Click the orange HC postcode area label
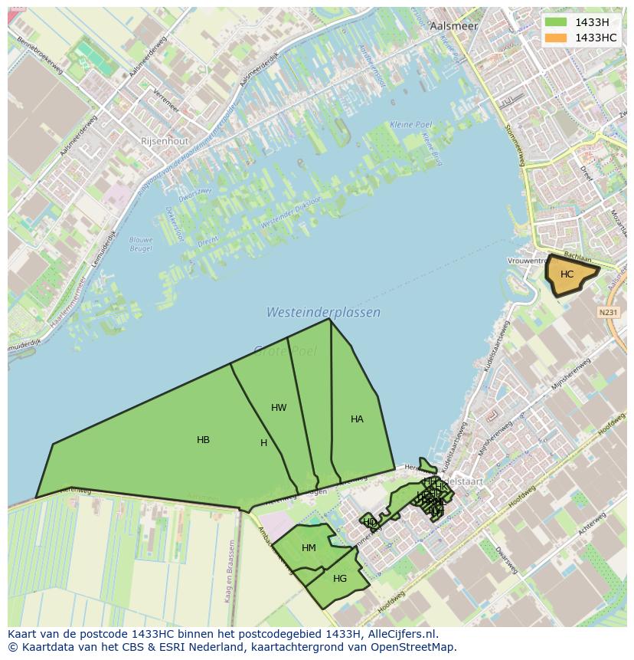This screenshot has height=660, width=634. (x=567, y=274)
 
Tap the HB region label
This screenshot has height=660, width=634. (x=203, y=440)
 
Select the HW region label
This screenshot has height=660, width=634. (x=279, y=408)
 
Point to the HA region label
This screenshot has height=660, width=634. (x=357, y=419)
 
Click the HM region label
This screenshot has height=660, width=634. (x=309, y=548)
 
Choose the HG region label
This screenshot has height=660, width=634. (x=340, y=579)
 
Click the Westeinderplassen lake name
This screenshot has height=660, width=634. (x=323, y=313)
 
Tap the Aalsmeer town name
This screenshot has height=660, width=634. (x=454, y=25)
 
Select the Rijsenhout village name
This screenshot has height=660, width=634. (x=164, y=141)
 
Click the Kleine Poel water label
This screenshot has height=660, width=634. (x=411, y=124)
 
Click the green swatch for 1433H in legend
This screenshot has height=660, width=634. (x=557, y=22)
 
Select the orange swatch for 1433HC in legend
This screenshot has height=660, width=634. (x=557, y=38)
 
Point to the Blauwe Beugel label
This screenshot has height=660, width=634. (x=141, y=244)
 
